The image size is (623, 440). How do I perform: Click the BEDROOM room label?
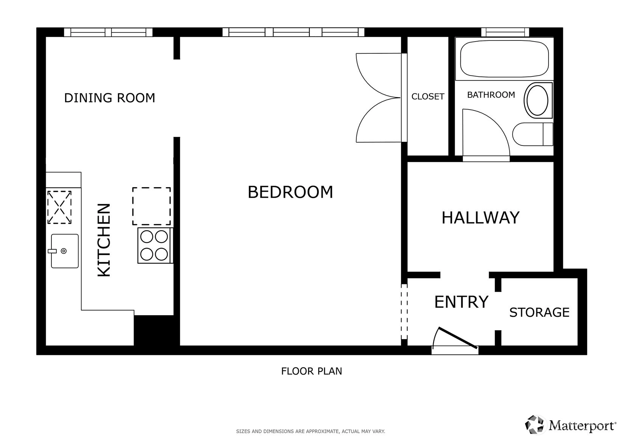(290, 192)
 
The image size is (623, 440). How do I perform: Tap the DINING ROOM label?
(110, 98)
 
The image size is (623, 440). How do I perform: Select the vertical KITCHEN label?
(104, 240)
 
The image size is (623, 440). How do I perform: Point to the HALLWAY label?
(480, 218)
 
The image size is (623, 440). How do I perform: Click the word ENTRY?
(461, 302)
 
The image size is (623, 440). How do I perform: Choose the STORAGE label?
(539, 312)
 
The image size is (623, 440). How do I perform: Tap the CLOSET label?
(428, 96)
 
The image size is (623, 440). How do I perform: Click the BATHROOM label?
(491, 95)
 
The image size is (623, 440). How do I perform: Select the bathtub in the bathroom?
(504, 59)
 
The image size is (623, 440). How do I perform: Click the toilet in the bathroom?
(533, 134)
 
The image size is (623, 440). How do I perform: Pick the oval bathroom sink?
(538, 100)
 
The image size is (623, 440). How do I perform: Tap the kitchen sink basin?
(65, 251)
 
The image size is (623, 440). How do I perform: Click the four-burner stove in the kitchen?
(155, 245)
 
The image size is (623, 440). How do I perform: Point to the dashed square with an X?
(59, 207)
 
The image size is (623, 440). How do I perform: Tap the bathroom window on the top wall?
(505, 32)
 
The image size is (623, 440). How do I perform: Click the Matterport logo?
(570, 425)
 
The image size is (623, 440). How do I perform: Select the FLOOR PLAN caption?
(312, 371)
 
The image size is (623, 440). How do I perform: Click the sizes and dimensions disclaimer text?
(311, 431)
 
